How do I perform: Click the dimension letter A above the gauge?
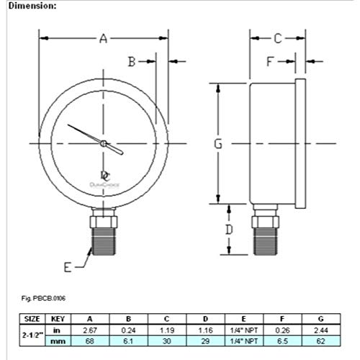tap(103, 39)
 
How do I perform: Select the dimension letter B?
tap(132, 62)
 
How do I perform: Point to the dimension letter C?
tap(277, 39)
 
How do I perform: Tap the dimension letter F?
tap(270, 62)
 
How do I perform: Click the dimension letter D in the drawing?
tap(228, 230)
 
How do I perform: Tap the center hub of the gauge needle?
tap(104, 144)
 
